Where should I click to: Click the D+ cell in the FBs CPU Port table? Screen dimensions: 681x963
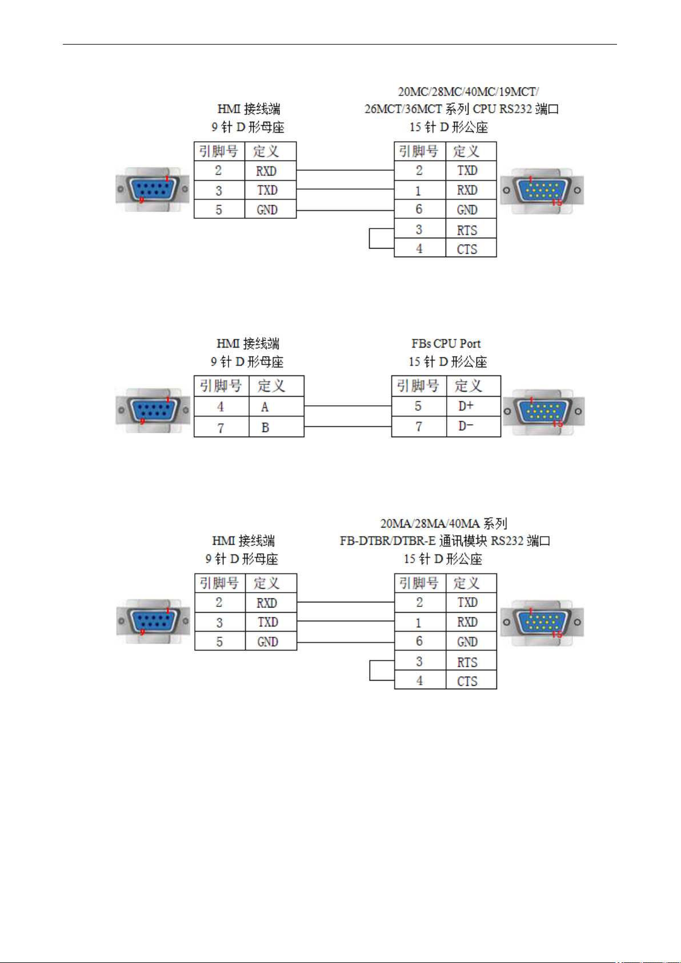[474, 406]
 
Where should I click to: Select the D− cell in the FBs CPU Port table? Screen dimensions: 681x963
[474, 426]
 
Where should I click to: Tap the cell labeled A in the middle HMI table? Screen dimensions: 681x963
[277, 406]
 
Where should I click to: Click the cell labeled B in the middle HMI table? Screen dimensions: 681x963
[277, 427]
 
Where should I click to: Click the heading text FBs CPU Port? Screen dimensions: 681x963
[446, 343]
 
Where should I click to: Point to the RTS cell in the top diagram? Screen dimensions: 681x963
[471, 229]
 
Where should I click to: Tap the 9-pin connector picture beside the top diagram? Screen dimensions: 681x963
[153, 189]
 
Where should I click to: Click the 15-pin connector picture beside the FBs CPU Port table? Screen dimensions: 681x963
[543, 412]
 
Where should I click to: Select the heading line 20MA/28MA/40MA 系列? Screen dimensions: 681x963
[444, 524]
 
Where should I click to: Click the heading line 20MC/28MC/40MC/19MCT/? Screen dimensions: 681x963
[468, 91]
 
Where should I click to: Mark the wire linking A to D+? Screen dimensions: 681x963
[347, 405]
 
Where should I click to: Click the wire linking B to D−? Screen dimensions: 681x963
[347, 426]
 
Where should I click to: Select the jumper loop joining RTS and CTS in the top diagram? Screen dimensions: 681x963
[370, 238]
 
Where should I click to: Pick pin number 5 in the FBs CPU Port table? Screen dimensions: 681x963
[419, 406]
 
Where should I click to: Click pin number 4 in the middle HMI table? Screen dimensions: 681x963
[221, 406]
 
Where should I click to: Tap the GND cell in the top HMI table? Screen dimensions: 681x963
[270, 209]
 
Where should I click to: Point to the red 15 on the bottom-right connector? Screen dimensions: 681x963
[557, 634]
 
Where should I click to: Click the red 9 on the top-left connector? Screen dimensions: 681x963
[141, 200]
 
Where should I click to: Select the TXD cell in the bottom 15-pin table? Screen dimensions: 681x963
[471, 602]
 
